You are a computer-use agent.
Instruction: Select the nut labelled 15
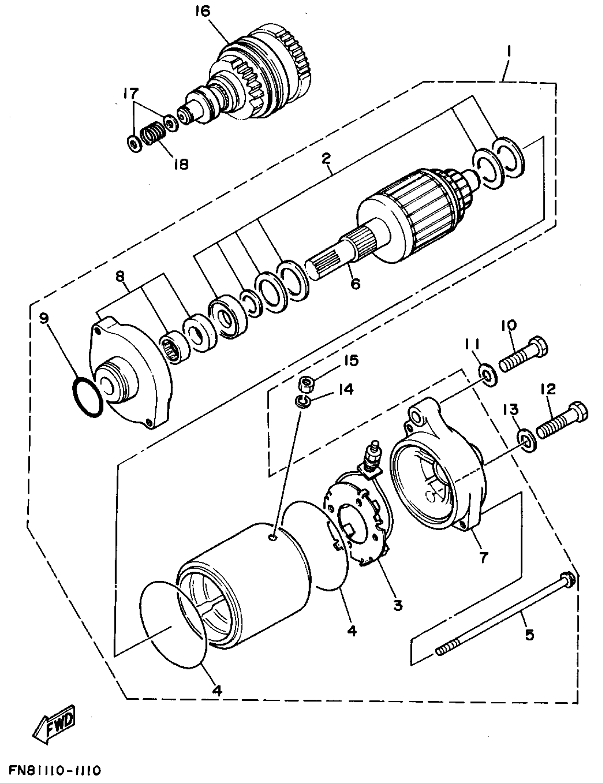pyautogui.click(x=306, y=385)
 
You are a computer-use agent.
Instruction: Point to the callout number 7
pyautogui.click(x=483, y=557)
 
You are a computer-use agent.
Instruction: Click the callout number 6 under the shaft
pyautogui.click(x=355, y=284)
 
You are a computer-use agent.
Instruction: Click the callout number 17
pyautogui.click(x=131, y=94)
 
